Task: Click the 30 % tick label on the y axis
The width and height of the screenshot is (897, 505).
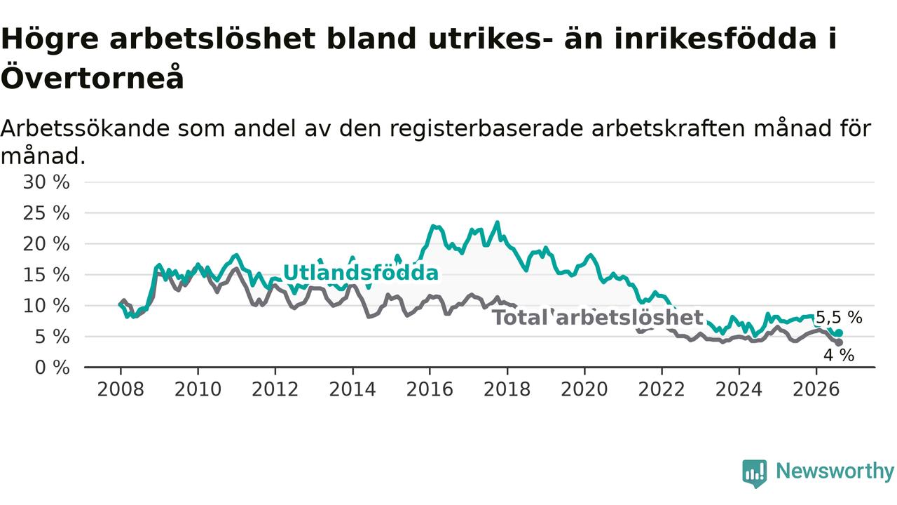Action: (46, 182)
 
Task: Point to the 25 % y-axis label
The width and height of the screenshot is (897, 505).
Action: (46, 213)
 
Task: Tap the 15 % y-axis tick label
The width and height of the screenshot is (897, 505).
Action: (46, 275)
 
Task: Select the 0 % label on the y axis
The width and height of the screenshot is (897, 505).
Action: (52, 368)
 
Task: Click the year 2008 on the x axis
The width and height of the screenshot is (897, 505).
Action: (121, 389)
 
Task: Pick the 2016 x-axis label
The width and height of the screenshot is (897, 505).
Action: (430, 389)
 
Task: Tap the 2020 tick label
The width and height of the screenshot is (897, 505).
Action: (584, 389)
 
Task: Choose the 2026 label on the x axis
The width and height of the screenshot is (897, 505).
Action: (816, 389)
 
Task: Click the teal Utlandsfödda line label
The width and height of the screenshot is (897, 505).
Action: (361, 273)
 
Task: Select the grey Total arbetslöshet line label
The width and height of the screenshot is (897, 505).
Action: (598, 318)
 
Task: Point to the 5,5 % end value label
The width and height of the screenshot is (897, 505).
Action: (839, 318)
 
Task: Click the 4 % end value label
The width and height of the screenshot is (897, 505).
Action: (839, 355)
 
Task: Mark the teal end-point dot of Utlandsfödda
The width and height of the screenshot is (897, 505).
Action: (839, 333)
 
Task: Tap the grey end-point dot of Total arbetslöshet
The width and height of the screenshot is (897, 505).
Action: (839, 343)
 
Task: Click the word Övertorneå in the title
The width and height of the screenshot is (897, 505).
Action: (93, 76)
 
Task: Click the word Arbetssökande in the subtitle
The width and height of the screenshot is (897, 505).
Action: (85, 128)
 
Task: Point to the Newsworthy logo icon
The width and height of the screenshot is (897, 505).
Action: (755, 473)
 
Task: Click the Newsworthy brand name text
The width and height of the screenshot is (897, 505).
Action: (835, 471)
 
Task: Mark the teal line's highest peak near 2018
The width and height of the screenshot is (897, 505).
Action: (498, 222)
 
